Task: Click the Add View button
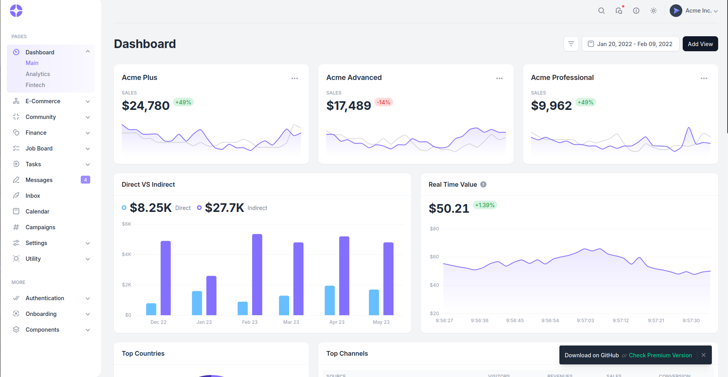(700, 44)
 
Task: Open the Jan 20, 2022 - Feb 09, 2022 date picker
(630, 44)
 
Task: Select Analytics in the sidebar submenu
(38, 74)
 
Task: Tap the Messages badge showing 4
(85, 180)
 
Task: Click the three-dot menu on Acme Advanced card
(500, 78)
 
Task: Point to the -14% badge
(383, 102)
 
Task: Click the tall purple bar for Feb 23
(257, 275)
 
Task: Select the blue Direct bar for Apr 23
(330, 300)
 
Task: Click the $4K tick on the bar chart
(126, 254)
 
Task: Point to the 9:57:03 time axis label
(585, 321)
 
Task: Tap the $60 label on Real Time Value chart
(434, 257)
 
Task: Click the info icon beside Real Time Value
(483, 184)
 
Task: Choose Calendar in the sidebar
(37, 212)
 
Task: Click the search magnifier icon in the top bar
(602, 11)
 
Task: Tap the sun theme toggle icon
(654, 11)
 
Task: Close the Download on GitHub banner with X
(704, 355)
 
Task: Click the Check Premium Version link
(660, 355)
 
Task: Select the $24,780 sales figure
(146, 106)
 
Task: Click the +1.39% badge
(485, 205)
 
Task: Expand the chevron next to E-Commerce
(88, 101)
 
